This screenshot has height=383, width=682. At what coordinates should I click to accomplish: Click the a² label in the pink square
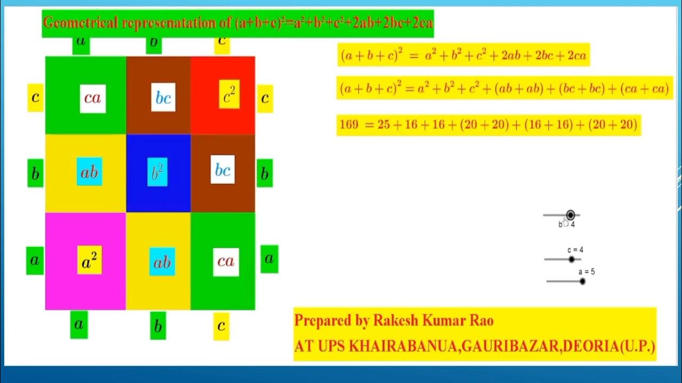tap(90, 260)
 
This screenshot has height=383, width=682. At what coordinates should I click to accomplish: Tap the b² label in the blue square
tap(157, 172)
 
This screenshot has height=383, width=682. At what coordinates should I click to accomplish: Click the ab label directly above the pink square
tap(89, 172)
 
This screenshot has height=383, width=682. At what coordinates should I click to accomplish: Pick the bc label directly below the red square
tap(222, 170)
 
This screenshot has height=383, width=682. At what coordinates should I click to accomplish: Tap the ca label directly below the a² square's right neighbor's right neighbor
tap(225, 261)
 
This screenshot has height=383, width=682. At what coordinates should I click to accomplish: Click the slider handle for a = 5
tap(582, 281)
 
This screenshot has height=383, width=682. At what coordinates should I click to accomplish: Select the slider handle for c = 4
tap(572, 260)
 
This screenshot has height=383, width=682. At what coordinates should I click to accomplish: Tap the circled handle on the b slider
tap(571, 215)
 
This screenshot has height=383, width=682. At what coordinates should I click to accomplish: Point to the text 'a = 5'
tap(587, 272)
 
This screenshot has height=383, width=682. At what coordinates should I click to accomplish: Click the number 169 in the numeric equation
tap(349, 125)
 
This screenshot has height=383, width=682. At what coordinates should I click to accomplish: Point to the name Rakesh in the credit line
tap(394, 321)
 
